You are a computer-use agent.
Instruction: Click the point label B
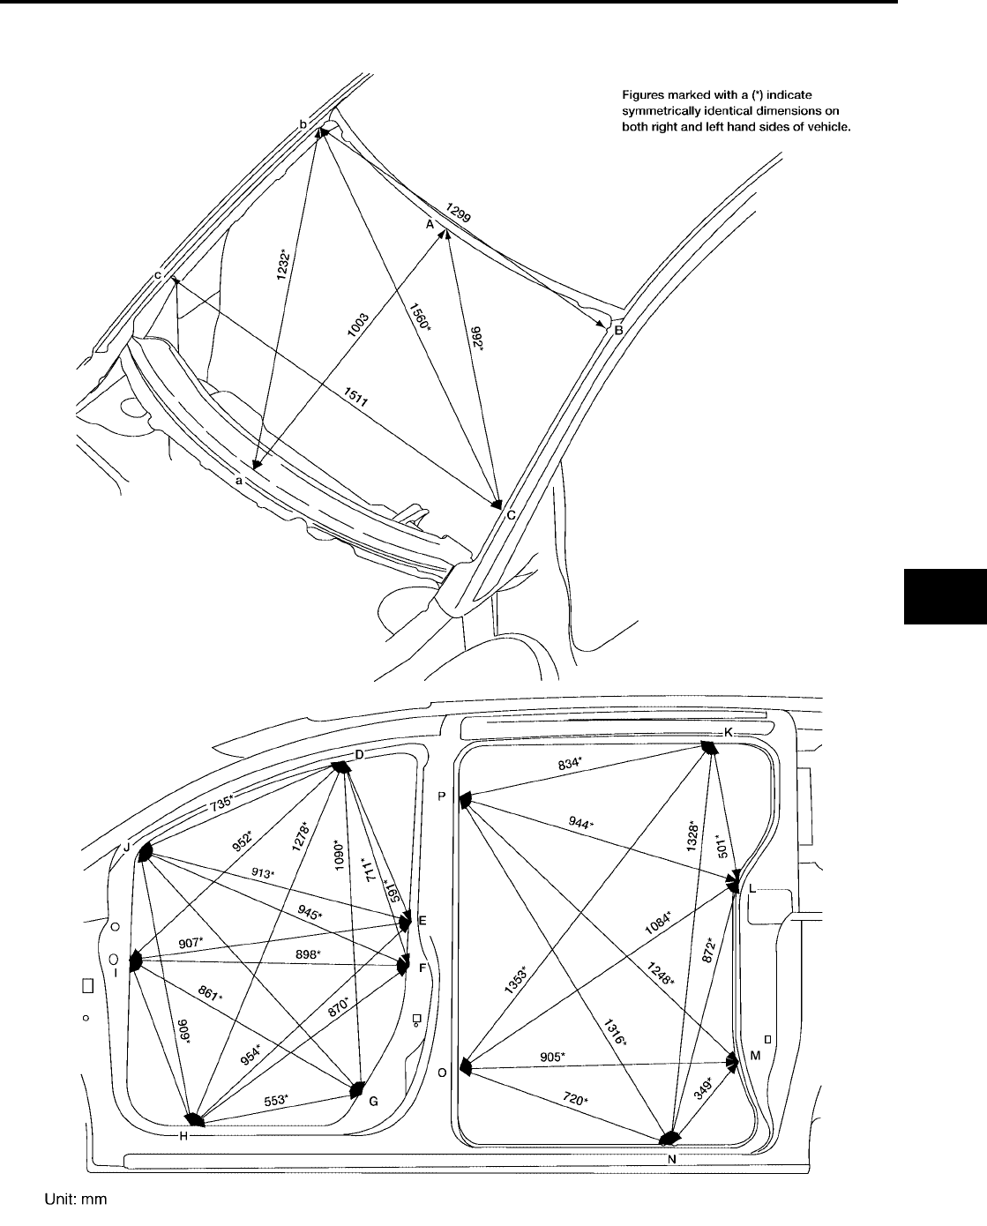[x=619, y=332]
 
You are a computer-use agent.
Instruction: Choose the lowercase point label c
[x=158, y=275]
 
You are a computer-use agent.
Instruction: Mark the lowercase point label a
[x=238, y=481]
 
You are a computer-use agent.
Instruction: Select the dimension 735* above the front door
[x=221, y=802]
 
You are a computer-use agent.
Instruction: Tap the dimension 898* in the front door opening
[x=307, y=955]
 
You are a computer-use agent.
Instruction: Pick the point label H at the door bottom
[x=183, y=1136]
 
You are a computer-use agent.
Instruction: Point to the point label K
[x=729, y=733]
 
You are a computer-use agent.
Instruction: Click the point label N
[x=671, y=1159]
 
